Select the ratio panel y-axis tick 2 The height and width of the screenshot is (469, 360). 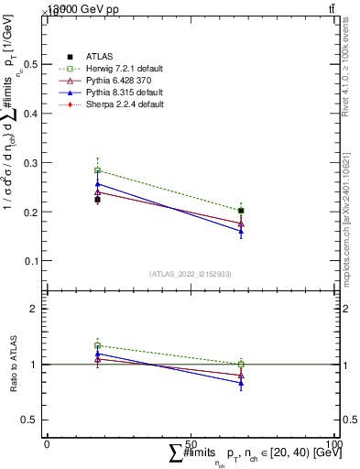34,309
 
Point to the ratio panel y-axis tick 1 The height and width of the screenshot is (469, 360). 34,365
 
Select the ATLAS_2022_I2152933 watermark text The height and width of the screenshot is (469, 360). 190,274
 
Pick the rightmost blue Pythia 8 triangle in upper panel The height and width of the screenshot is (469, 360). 241,232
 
